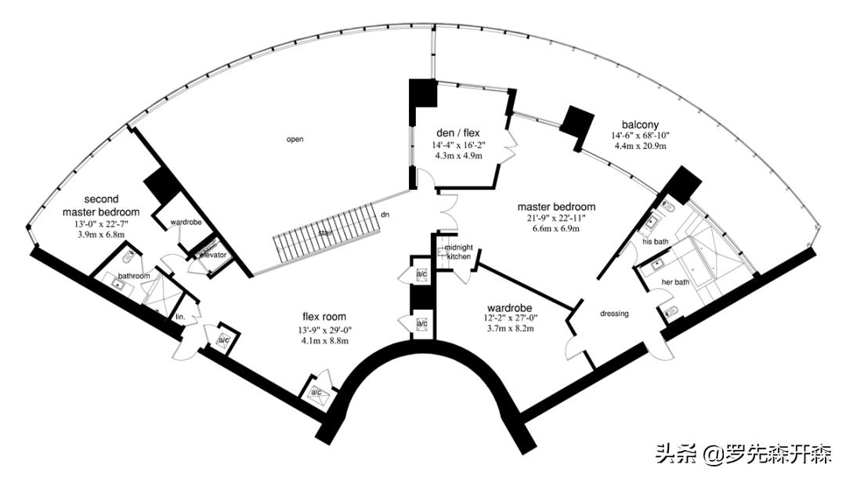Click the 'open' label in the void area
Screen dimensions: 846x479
click(x=295, y=140)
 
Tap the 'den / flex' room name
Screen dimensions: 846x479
click(x=458, y=132)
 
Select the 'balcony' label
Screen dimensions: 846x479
click(x=640, y=125)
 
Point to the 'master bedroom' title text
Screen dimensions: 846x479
click(x=556, y=207)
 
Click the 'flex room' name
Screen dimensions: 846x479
click(x=324, y=317)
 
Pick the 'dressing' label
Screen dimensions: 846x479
click(x=614, y=314)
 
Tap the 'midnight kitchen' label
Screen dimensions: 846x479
click(x=458, y=252)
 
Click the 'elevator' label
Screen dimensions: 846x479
click(x=214, y=255)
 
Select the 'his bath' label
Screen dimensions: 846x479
click(x=655, y=242)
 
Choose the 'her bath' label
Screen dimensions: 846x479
click(x=675, y=282)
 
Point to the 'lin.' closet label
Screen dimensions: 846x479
click(x=180, y=317)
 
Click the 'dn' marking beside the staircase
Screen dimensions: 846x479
click(x=385, y=215)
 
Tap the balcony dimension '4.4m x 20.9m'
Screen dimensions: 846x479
click(x=640, y=146)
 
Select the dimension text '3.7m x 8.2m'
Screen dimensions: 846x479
click(x=511, y=328)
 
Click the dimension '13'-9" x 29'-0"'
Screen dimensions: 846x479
click(x=324, y=331)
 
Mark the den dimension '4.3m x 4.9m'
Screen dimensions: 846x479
click(x=458, y=155)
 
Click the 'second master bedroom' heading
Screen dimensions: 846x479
click(x=101, y=205)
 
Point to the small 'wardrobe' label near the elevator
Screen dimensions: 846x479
click(x=186, y=222)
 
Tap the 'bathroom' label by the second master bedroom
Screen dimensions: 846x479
click(x=134, y=276)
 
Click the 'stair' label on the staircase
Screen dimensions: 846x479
click(x=325, y=234)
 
